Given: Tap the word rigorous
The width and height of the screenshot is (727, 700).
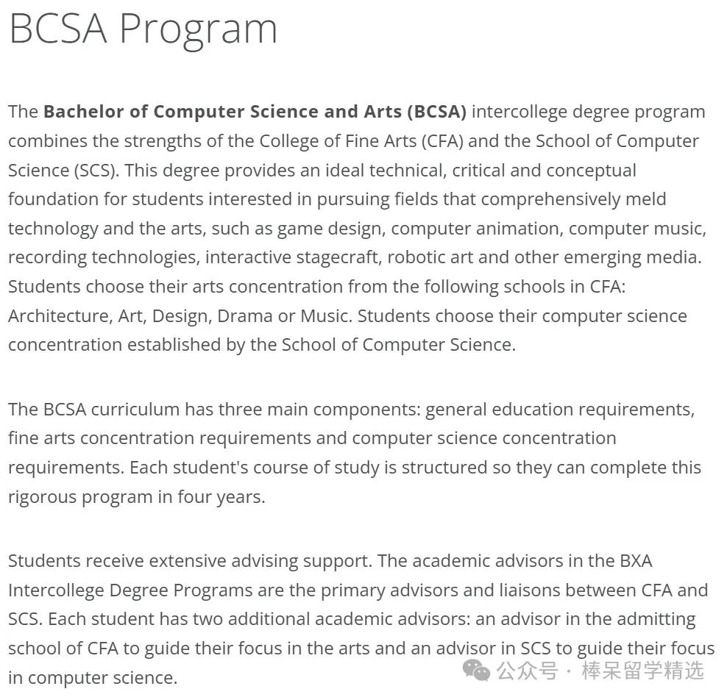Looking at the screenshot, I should pyautogui.click(x=43, y=497).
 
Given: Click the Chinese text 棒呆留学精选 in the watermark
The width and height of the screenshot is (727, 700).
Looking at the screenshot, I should pyautogui.click(x=642, y=671).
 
